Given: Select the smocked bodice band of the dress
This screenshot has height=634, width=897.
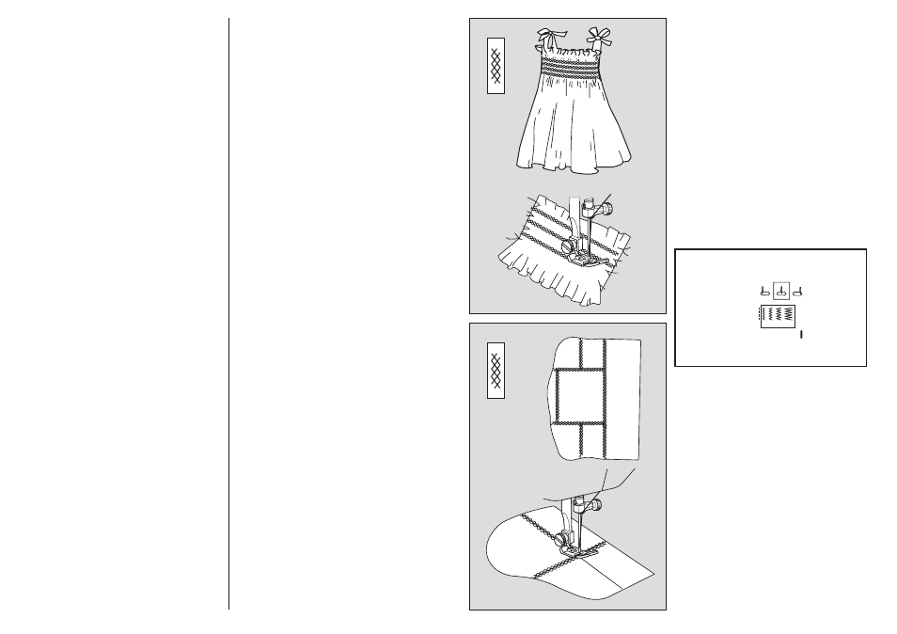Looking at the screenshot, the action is pyautogui.click(x=571, y=68).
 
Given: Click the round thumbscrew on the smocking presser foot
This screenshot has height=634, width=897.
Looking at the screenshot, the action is pyautogui.click(x=566, y=246).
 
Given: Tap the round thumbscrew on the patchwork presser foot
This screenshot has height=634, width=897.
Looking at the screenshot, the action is pyautogui.click(x=564, y=539).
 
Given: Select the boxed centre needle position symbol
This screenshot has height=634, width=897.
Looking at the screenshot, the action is pyautogui.click(x=780, y=291).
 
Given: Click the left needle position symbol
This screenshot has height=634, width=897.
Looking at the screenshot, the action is pyautogui.click(x=764, y=291).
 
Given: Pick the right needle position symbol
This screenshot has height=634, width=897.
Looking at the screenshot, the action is pyautogui.click(x=796, y=291).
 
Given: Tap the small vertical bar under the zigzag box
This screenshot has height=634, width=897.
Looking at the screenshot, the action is pyautogui.click(x=801, y=334).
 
